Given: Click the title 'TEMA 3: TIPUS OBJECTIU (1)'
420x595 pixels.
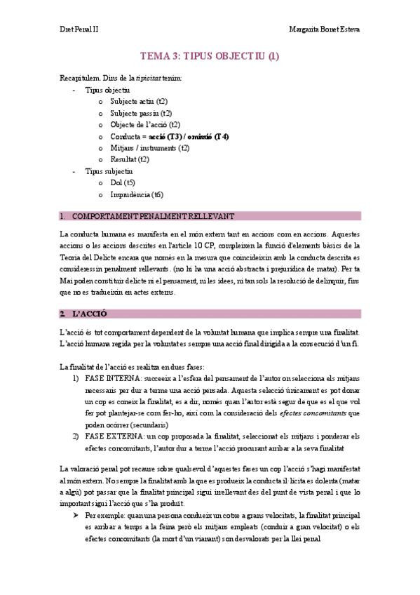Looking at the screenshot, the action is point(210,57).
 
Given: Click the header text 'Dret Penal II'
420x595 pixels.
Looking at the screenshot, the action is point(79,30).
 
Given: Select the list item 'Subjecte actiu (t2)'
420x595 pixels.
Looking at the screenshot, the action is point(139,102).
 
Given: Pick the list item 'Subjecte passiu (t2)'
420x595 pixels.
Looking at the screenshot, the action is point(141,113).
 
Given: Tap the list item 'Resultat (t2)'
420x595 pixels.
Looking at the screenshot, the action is point(130,159).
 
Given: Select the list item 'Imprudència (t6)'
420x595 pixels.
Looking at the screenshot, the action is point(137,194).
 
